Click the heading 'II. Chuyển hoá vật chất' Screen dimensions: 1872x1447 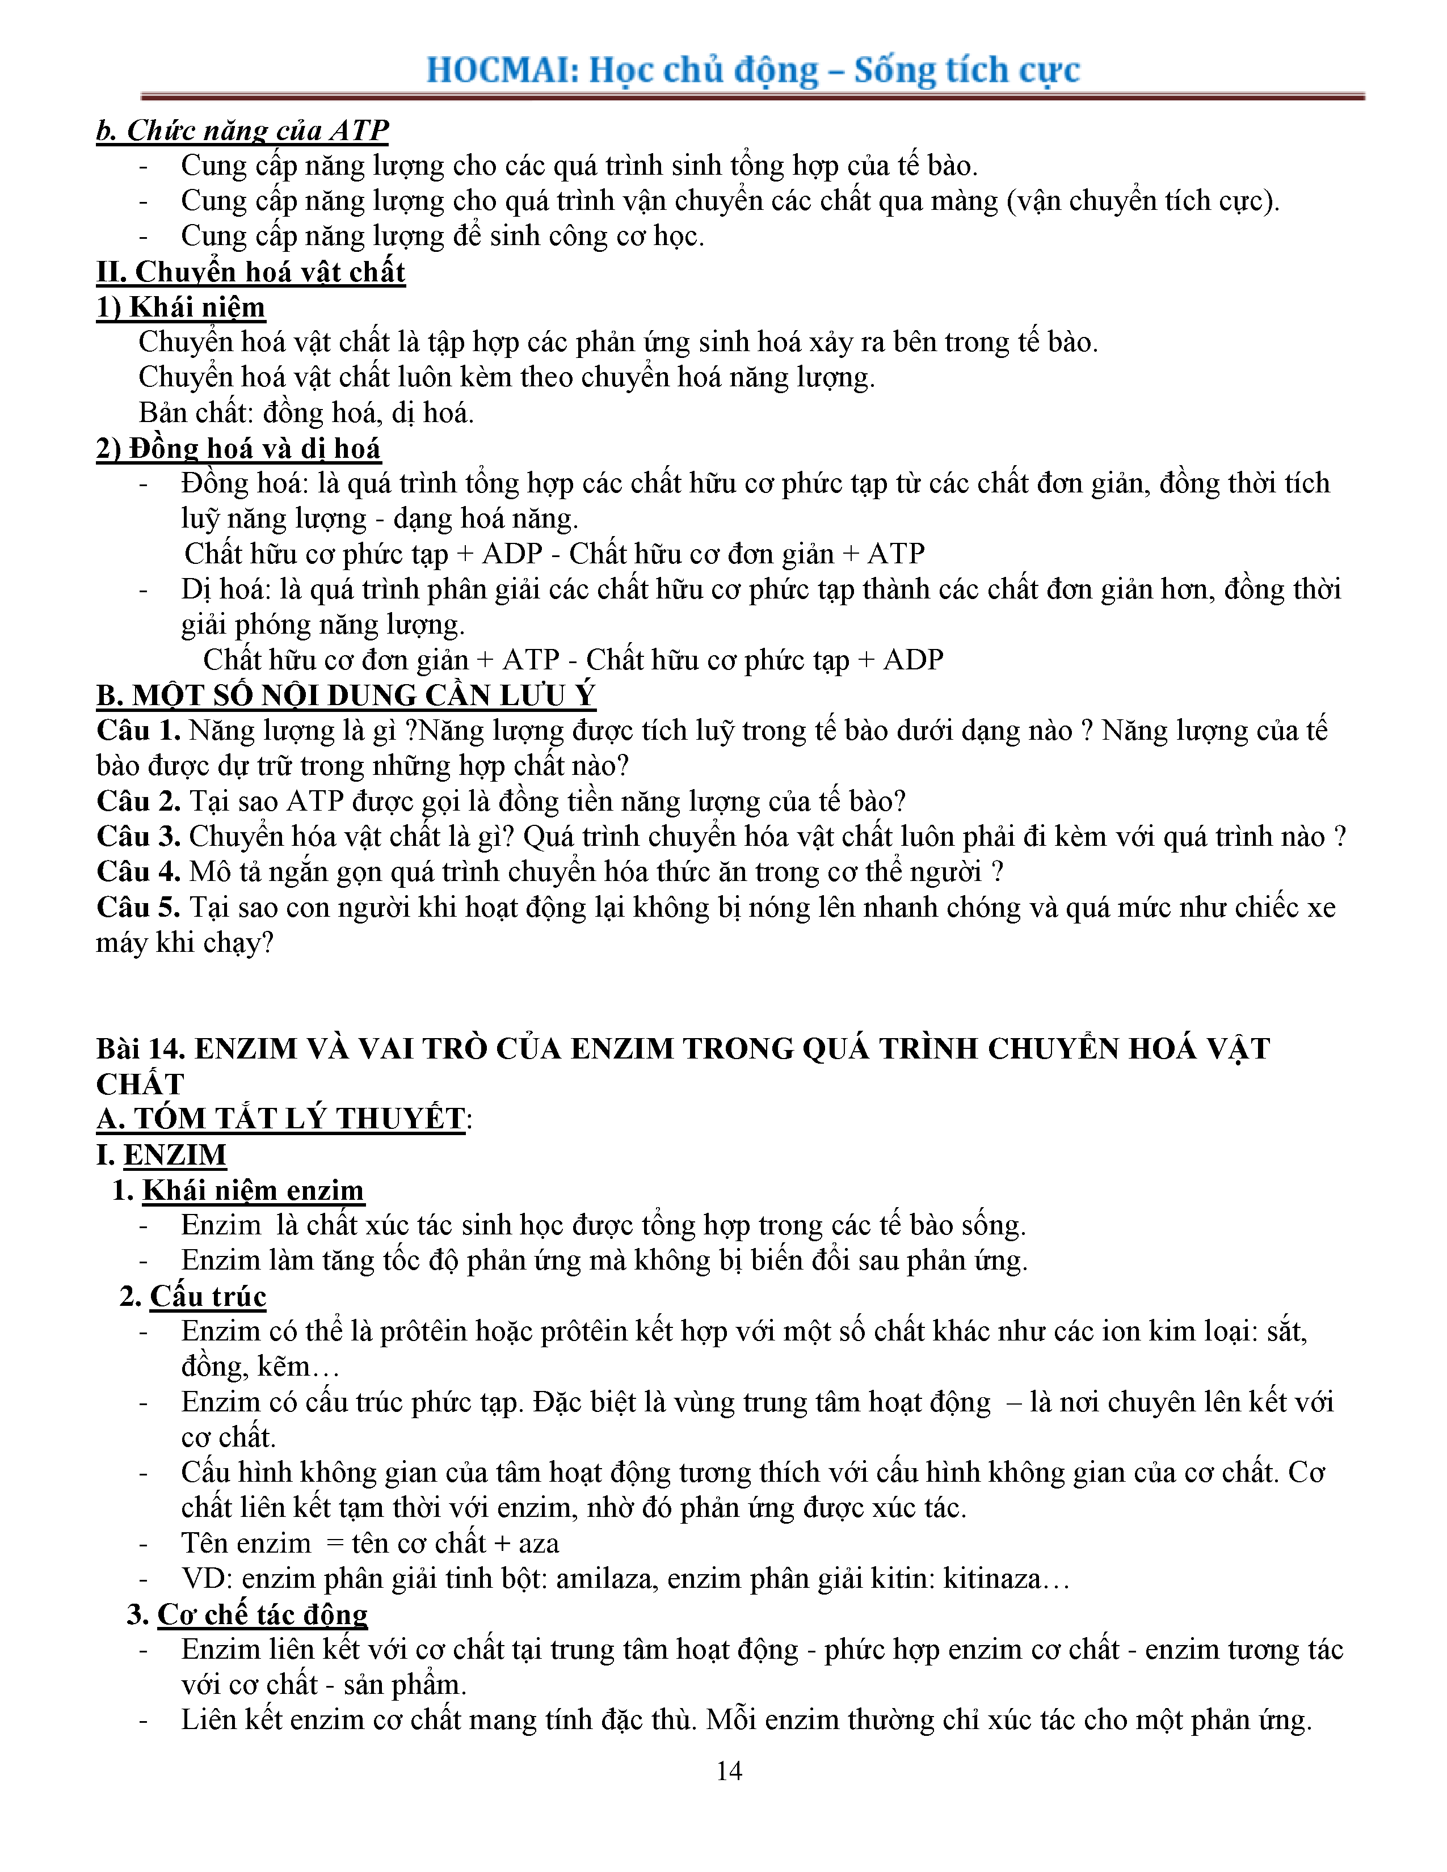[x=250, y=272]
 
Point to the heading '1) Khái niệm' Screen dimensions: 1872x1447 [x=180, y=307]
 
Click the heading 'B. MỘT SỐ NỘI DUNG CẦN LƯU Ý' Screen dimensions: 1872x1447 [x=346, y=695]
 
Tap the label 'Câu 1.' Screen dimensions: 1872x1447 [x=138, y=730]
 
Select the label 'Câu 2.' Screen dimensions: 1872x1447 [x=138, y=802]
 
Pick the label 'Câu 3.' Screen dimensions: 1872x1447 [x=138, y=837]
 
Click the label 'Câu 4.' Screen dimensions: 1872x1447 [x=138, y=872]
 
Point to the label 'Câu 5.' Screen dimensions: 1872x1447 [x=138, y=908]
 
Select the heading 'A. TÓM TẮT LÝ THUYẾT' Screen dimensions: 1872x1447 [x=280, y=1119]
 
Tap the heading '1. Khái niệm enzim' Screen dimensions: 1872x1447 [x=238, y=1190]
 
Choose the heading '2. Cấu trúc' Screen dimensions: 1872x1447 [x=193, y=1296]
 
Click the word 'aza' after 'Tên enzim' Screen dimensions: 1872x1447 [x=539, y=1543]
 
